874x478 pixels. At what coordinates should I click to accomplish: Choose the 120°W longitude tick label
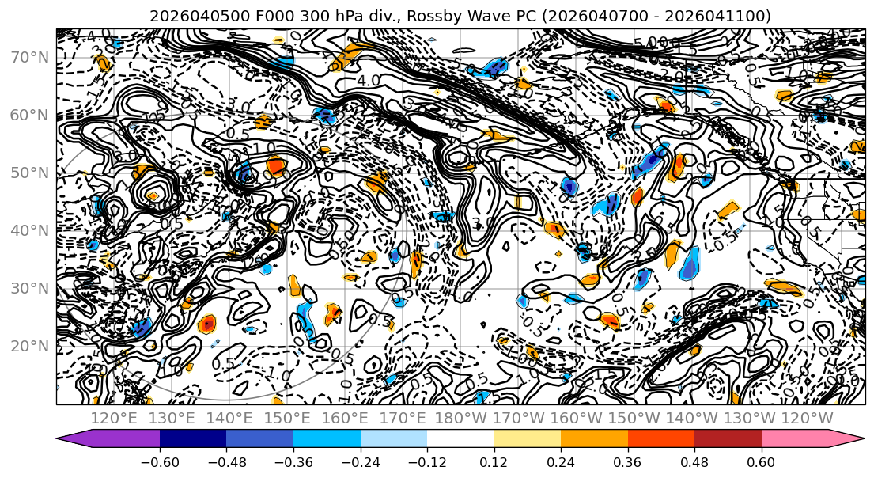pyautogui.click(x=807, y=417)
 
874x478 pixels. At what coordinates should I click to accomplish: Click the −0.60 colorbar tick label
pyautogui.click(x=160, y=461)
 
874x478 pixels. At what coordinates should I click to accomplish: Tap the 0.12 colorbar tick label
pyautogui.click(x=494, y=461)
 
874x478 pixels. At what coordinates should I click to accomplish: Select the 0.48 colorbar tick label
pyautogui.click(x=694, y=461)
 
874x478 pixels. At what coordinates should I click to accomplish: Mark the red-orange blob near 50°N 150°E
pyautogui.click(x=276, y=165)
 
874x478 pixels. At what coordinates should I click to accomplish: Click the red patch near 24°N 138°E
pyautogui.click(x=207, y=323)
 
